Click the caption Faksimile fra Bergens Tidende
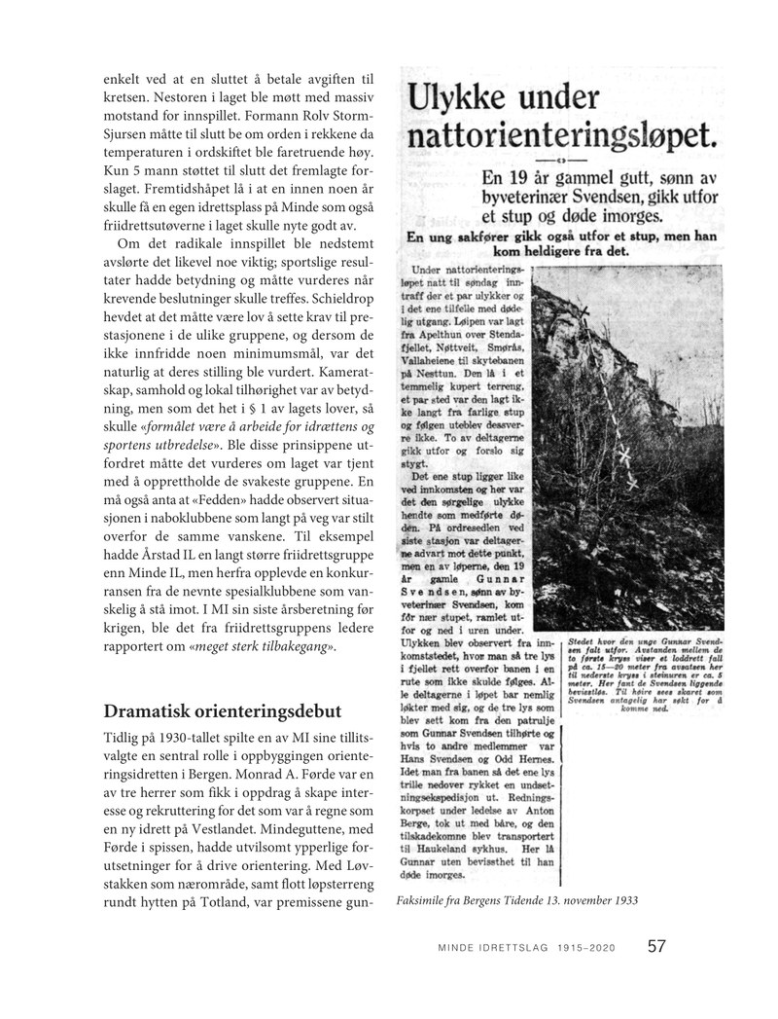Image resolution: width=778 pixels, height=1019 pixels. click(x=486, y=899)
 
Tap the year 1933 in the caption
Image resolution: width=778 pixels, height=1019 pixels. click(x=623, y=899)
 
